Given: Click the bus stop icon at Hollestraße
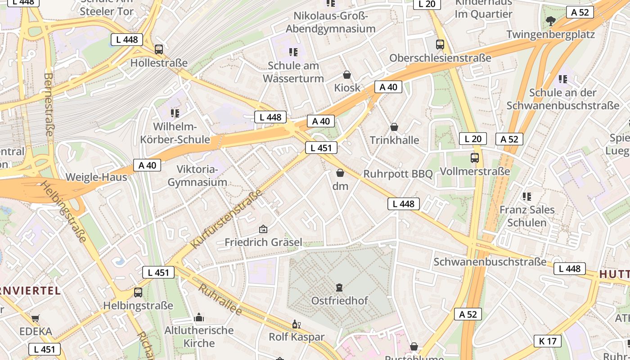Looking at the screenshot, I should tap(158, 49).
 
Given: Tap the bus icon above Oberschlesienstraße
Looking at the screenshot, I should tap(440, 45).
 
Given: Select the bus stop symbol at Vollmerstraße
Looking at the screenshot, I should tap(474, 158).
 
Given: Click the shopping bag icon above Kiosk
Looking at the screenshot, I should tap(347, 74).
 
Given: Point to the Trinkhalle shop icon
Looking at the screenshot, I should tap(394, 127).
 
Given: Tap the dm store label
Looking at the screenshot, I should tap(340, 186).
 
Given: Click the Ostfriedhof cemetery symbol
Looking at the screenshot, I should tap(339, 287).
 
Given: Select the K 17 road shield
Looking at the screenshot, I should tap(548, 341).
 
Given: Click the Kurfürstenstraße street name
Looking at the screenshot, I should tap(227, 219).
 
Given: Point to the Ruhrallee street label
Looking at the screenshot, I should tap(220, 300).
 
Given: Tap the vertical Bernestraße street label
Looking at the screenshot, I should tap(49, 104).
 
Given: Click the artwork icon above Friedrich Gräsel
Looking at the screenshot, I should tap(263, 229).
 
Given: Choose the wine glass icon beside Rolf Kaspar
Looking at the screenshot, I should tap(296, 324).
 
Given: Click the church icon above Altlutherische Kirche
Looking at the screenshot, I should tap(199, 318).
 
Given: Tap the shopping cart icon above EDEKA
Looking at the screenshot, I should tap(36, 319).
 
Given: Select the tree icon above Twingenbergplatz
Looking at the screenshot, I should tap(550, 21).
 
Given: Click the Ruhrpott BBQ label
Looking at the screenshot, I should tap(398, 174).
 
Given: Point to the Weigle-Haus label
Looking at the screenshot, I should tap(96, 177).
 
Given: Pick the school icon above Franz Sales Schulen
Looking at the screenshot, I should tap(526, 197).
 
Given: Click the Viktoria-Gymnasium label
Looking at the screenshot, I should tap(197, 176).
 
